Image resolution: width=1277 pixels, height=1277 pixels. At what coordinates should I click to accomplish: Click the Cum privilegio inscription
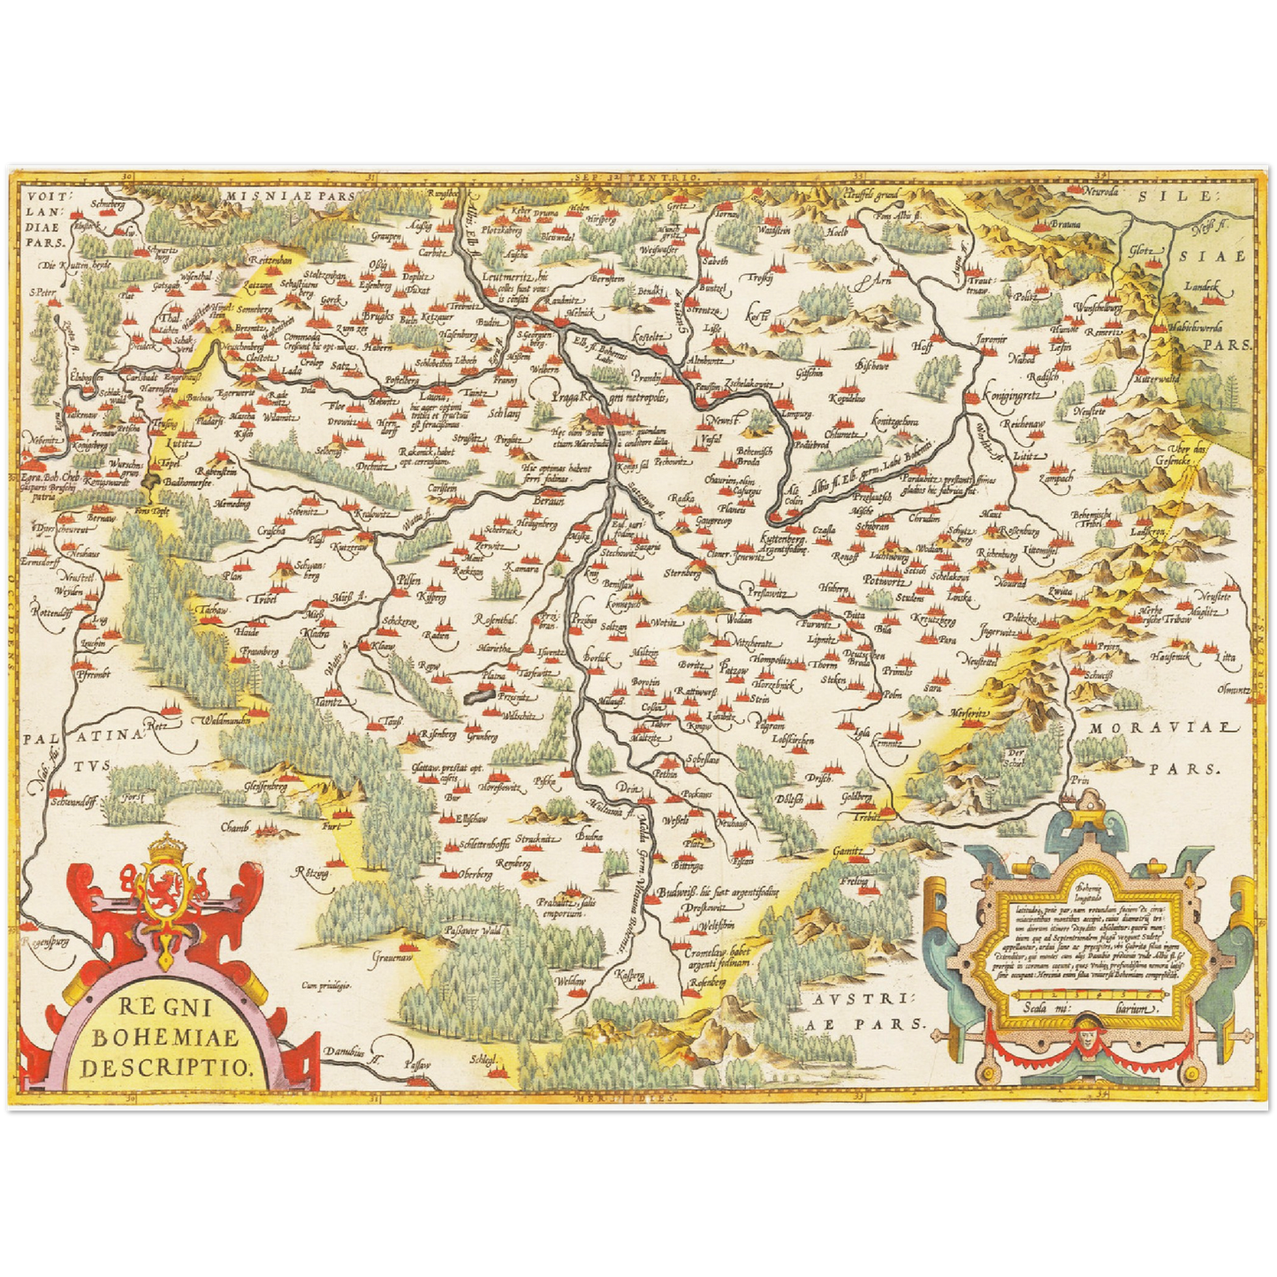(326, 984)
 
